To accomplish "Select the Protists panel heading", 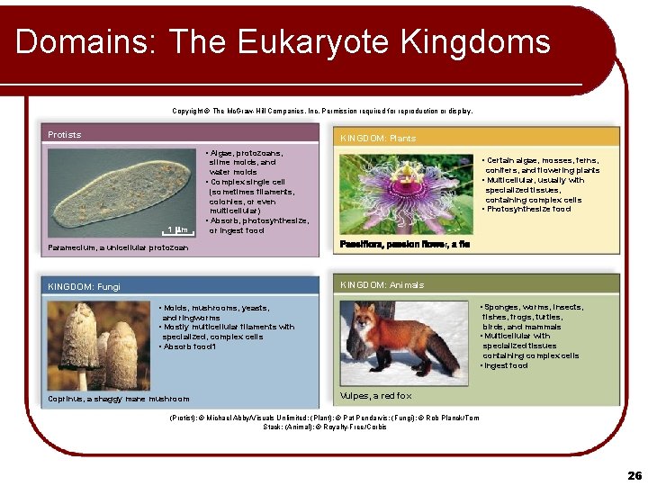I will coord(65,135).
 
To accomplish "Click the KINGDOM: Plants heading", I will coord(378,139).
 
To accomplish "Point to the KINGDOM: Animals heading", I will coord(382,285).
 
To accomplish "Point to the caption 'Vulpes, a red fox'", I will coord(376,396).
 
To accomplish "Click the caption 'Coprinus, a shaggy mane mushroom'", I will coord(119,399).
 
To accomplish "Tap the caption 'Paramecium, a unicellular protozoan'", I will coord(118,247).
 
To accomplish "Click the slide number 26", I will coord(634,474).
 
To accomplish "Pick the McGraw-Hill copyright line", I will coord(321,112).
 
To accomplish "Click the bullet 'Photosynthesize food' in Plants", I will coord(529,210).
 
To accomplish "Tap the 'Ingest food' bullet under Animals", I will coord(506,365).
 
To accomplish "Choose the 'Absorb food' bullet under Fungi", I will coord(189,346).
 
